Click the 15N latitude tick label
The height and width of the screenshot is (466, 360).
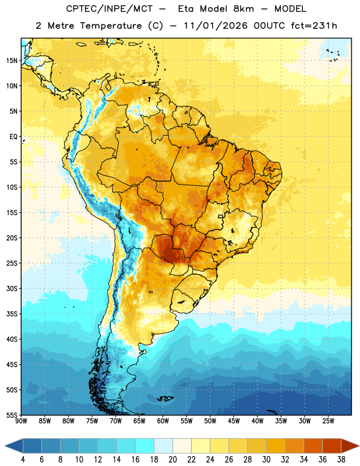[12, 61]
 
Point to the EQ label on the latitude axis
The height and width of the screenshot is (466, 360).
[13, 137]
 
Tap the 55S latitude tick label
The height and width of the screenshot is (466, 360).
[12, 415]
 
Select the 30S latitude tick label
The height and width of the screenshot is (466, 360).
[12, 288]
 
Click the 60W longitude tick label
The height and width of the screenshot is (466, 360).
[163, 421]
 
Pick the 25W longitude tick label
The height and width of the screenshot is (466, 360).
[328, 421]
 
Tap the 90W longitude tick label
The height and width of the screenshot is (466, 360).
[21, 421]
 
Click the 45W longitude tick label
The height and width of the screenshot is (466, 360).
[234, 421]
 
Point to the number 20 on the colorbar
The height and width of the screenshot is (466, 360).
[172, 460]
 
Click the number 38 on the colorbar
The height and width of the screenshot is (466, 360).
[341, 460]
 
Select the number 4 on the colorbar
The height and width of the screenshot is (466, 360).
[23, 460]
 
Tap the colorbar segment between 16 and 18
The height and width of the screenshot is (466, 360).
[145, 446]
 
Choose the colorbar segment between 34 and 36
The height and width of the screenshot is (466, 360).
[313, 446]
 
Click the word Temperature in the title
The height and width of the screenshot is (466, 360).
[111, 26]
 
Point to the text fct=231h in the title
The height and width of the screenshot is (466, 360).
[314, 26]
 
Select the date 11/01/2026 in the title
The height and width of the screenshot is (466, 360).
[215, 26]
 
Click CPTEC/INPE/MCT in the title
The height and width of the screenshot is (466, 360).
[110, 9]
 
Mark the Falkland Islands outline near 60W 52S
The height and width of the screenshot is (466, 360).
[165, 398]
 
